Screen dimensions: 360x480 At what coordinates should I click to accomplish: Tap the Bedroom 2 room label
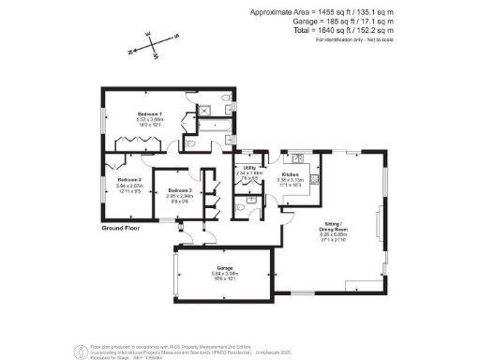tap(128, 179)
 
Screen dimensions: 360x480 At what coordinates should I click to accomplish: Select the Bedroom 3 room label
tap(180, 190)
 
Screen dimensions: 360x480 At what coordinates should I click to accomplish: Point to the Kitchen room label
tap(290, 175)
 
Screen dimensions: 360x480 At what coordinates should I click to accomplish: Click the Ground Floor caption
tap(122, 228)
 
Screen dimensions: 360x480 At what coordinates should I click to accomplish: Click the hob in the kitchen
tap(316, 178)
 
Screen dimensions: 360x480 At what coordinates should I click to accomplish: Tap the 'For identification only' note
tap(353, 40)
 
